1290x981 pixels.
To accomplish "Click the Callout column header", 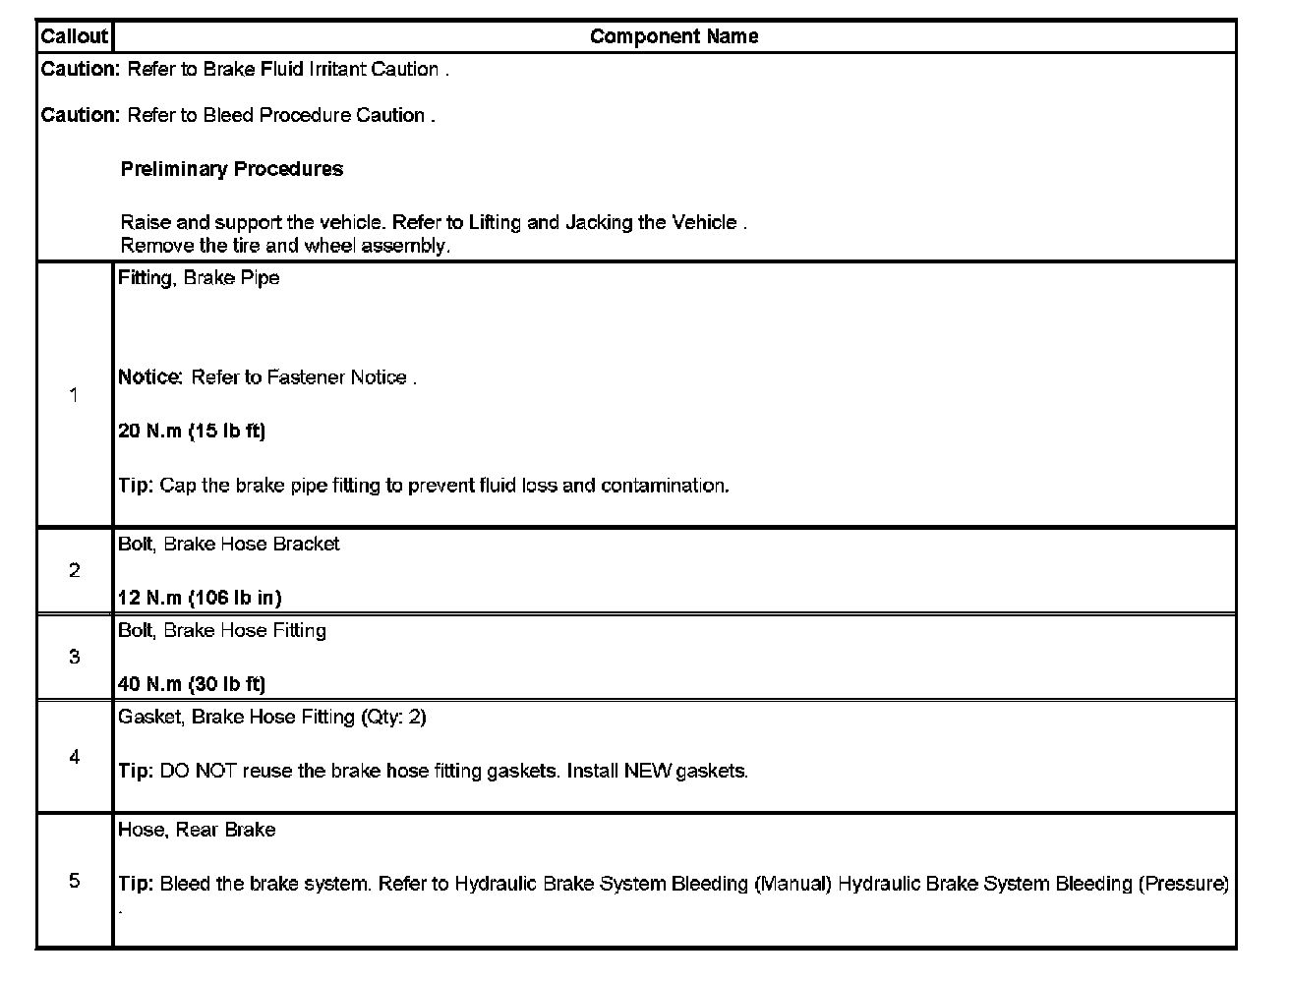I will [74, 36].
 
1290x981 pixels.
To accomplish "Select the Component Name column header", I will [674, 36].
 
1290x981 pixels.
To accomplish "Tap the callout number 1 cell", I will [74, 394].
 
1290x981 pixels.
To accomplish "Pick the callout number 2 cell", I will [74, 570].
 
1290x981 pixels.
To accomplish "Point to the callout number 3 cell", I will [74, 657].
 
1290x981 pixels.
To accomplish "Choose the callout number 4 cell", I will [74, 756].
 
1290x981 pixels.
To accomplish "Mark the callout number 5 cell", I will [74, 880].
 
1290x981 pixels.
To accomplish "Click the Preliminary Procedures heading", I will [232, 169].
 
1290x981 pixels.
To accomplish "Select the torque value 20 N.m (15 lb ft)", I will [192, 431].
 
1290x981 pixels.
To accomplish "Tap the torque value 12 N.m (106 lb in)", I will [200, 597].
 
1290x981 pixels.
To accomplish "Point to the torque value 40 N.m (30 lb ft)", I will [192, 683].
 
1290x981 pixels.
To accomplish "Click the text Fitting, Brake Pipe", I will [199, 278].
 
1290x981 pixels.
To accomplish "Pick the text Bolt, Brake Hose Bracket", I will [229, 544].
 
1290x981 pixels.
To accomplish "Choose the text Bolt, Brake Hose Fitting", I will [222, 630].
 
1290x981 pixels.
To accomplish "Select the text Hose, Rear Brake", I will [197, 830].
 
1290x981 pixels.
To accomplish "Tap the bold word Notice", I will [149, 377].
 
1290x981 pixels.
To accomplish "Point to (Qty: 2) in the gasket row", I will [394, 717].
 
